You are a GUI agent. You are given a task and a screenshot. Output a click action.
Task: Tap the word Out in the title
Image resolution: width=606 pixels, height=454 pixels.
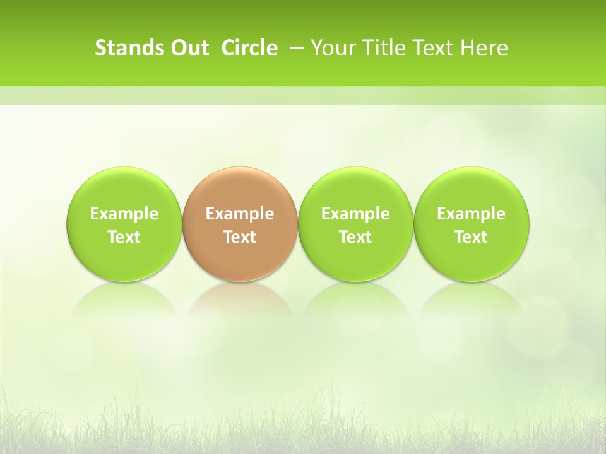tap(188, 48)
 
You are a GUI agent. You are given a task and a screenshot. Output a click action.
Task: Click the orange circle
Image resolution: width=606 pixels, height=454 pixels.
tap(240, 224)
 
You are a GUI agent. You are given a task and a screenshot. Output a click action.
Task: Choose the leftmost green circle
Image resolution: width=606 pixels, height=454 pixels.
tap(124, 224)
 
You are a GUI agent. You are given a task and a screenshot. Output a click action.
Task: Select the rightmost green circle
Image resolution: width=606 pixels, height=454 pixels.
tap(471, 224)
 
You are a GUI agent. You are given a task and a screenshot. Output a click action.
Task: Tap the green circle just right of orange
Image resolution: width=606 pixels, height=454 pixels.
tap(355, 224)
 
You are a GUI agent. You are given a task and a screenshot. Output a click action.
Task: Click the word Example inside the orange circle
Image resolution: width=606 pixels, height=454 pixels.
tap(240, 214)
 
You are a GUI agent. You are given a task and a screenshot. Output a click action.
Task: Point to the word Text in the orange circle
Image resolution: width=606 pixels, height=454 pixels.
tap(240, 237)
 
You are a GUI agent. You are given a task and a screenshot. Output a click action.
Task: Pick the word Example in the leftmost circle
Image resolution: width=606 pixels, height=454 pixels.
tap(124, 214)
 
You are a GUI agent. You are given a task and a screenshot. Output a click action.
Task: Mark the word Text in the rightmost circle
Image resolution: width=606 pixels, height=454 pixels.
tap(471, 237)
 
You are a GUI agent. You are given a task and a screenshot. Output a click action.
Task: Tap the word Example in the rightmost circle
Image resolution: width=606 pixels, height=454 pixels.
tap(471, 214)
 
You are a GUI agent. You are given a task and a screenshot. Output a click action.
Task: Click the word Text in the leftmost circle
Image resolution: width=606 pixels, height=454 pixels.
tap(124, 237)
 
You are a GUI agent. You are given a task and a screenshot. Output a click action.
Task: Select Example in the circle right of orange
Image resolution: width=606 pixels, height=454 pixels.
tap(355, 214)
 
